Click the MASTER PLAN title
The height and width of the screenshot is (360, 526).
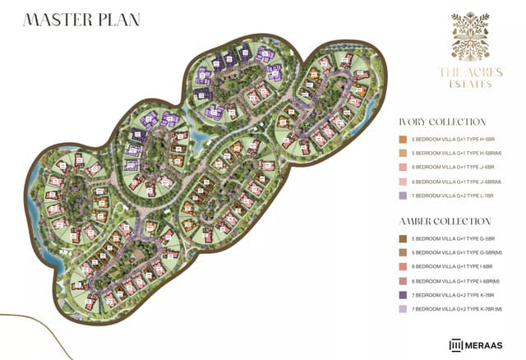(x=81, y=20)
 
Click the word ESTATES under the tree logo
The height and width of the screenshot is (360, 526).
(x=471, y=84)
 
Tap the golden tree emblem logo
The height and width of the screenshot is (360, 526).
(x=471, y=37)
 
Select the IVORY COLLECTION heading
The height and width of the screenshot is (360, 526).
(x=442, y=122)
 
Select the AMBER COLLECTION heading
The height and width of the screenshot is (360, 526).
(x=444, y=222)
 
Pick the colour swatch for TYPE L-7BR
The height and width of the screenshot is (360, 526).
(x=403, y=196)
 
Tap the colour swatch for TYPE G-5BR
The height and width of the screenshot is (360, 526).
(x=403, y=239)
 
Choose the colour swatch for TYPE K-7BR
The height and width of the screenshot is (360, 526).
(x=403, y=295)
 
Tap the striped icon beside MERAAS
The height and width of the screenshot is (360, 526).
(x=454, y=344)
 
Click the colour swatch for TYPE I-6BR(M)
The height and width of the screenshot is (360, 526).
(x=403, y=281)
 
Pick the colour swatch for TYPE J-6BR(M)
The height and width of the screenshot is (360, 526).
(x=403, y=182)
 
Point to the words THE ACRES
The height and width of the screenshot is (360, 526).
(x=471, y=72)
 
